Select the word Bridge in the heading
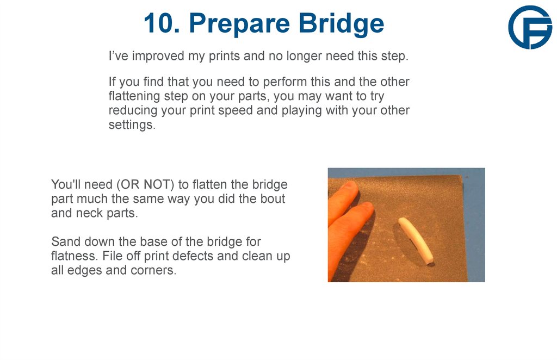pyautogui.click(x=341, y=23)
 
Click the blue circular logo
pyautogui.click(x=530, y=27)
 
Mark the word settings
pyautogui.click(x=131, y=125)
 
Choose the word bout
pyautogui.click(x=273, y=198)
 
